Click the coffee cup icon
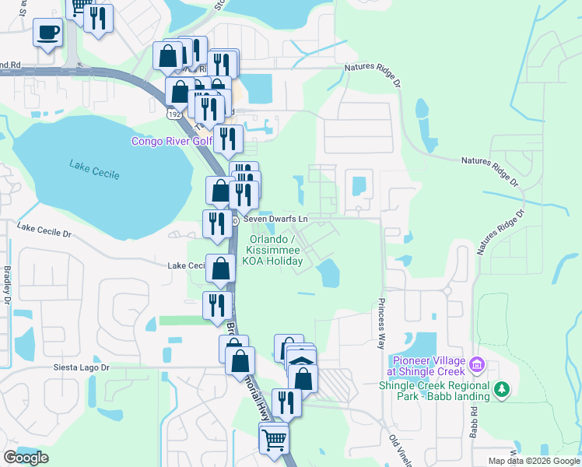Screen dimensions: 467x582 point(47,33)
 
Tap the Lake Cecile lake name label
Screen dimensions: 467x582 point(94,169)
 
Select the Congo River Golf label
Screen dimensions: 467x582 point(171,141)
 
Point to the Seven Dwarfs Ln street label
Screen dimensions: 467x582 point(275,220)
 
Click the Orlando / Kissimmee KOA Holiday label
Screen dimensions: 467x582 point(272,251)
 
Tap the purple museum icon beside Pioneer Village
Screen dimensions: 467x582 point(478,363)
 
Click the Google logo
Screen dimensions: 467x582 point(26,458)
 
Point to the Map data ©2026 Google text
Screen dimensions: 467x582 point(533,461)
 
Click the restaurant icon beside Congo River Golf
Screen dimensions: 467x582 point(228,140)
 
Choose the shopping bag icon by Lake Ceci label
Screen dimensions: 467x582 point(221,269)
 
